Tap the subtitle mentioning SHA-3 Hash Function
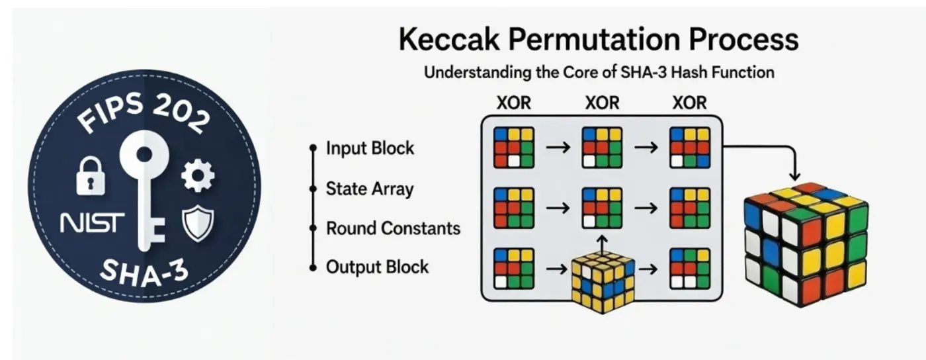tap(599, 71)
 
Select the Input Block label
tap(370, 148)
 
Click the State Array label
tap(369, 189)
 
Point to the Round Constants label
tap(393, 228)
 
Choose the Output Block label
tap(377, 267)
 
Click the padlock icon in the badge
tap(91, 176)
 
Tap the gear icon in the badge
tap(198, 175)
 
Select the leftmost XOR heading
tap(514, 103)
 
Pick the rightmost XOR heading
tap(689, 103)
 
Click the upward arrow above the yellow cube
tap(601, 243)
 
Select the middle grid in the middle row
tap(601, 208)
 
